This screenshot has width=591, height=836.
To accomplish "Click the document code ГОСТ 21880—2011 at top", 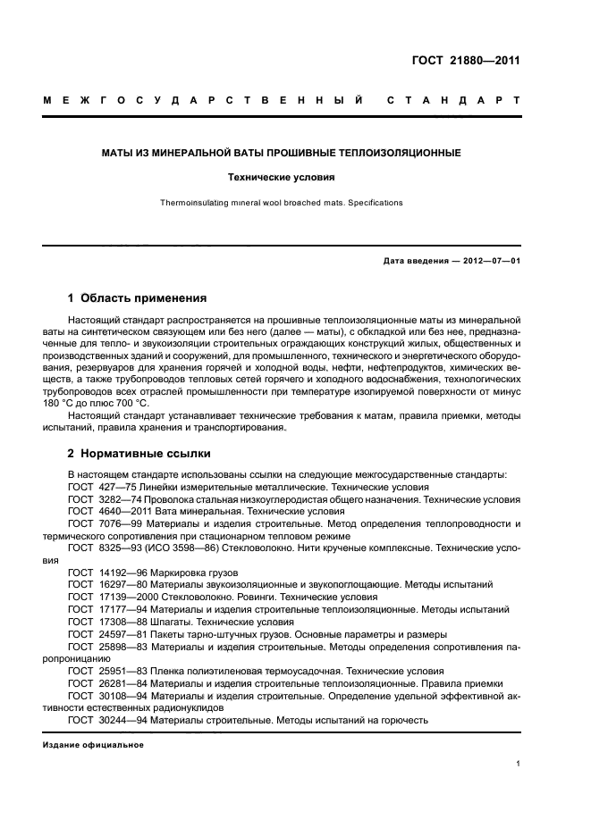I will (x=464, y=62).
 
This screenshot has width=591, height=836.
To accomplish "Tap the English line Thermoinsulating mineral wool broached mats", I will (x=281, y=203).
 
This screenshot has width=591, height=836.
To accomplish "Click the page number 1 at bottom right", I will (x=518, y=764).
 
